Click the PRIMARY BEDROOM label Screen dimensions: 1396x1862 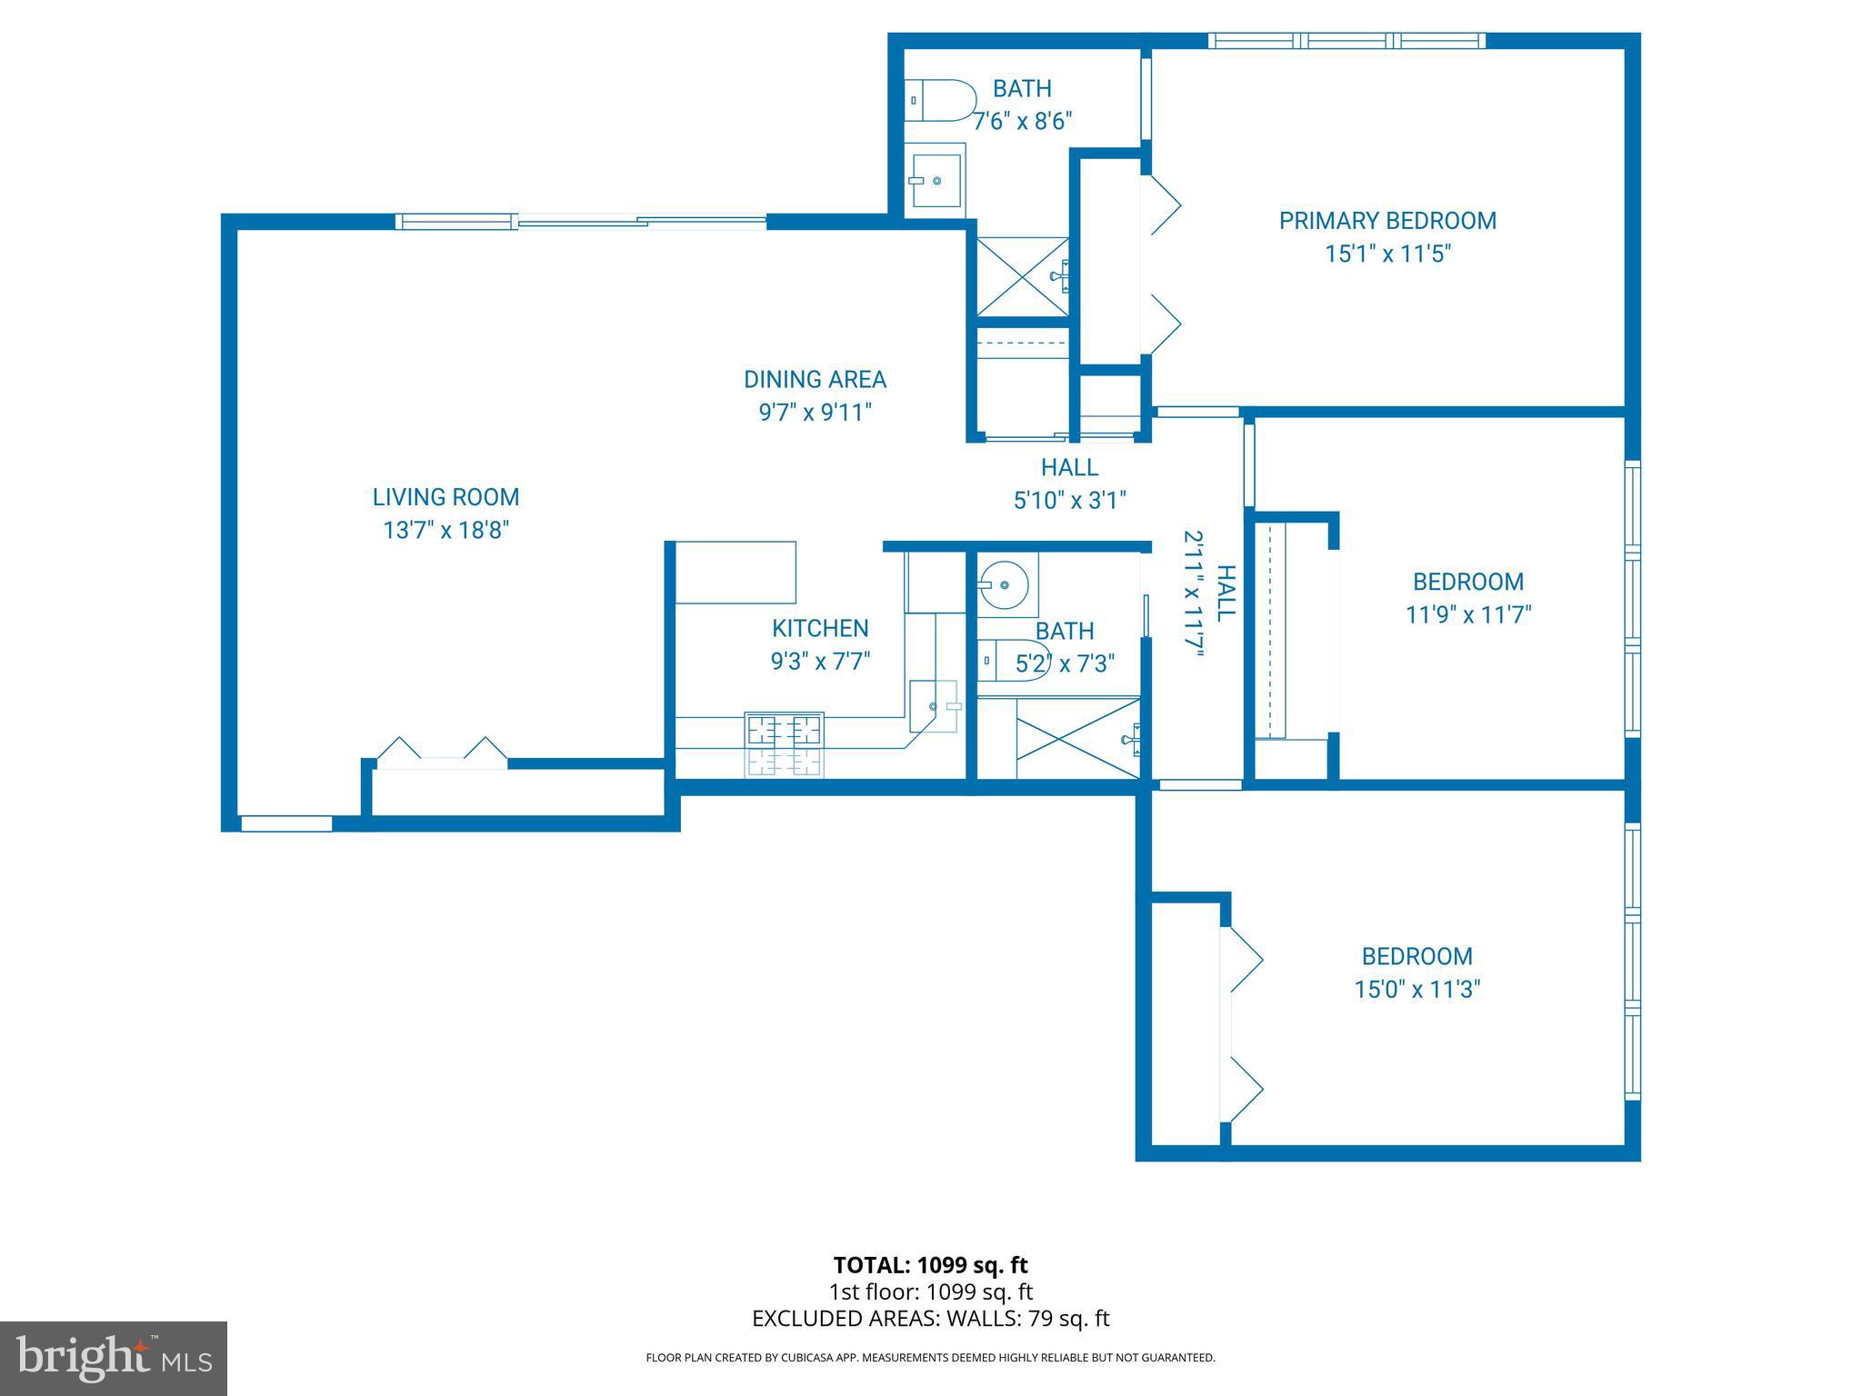[x=1386, y=221]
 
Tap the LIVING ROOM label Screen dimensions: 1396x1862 [x=445, y=497]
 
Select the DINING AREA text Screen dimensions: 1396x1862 [x=815, y=379]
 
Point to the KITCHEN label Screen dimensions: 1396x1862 [x=820, y=628]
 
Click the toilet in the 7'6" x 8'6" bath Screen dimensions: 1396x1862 [x=941, y=100]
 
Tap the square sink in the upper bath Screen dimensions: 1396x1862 [x=936, y=180]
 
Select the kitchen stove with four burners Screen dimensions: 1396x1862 [x=784, y=743]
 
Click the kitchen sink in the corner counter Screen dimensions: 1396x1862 [x=934, y=705]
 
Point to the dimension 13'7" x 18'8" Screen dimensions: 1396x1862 [x=445, y=530]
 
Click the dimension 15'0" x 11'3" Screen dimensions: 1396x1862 [x=1417, y=989]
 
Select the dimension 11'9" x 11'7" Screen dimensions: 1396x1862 [x=1467, y=615]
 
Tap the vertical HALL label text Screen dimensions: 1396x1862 [x=1226, y=592]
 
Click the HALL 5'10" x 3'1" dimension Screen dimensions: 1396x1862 [x=1069, y=500]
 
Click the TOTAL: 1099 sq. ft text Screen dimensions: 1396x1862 [x=930, y=1265]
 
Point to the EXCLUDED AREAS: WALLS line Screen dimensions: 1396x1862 [x=930, y=1319]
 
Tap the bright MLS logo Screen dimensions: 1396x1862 [x=114, y=1359]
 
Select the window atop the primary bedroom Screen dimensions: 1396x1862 [x=1346, y=41]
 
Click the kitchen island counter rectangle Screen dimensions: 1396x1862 [x=736, y=572]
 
